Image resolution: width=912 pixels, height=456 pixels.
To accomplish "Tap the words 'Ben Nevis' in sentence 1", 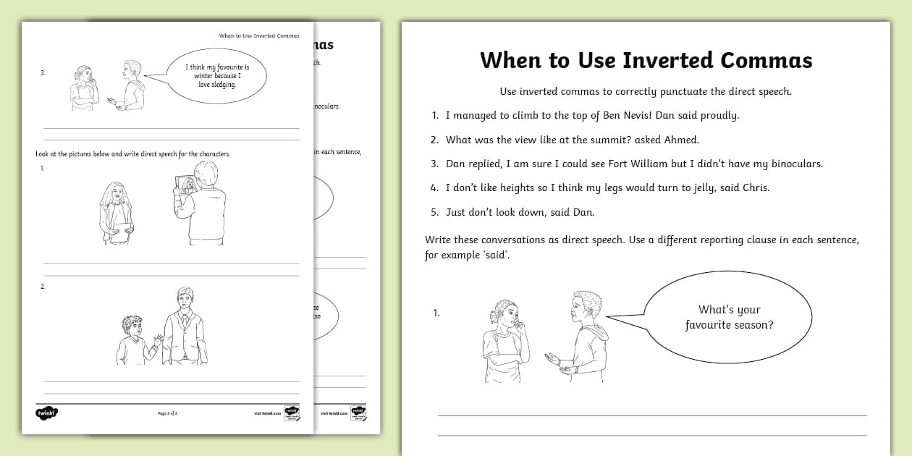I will (x=628, y=115).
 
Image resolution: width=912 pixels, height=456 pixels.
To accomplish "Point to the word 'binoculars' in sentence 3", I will (x=790, y=164).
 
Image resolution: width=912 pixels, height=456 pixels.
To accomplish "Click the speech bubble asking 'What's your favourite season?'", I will (x=729, y=318).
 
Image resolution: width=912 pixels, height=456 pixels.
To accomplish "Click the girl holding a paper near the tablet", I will (x=116, y=214).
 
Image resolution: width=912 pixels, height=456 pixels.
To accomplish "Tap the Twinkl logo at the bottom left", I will (x=46, y=413).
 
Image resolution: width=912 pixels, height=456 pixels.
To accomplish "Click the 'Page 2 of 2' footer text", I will (x=167, y=413).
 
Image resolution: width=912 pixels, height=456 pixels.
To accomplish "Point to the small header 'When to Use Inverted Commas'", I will (x=258, y=35).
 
